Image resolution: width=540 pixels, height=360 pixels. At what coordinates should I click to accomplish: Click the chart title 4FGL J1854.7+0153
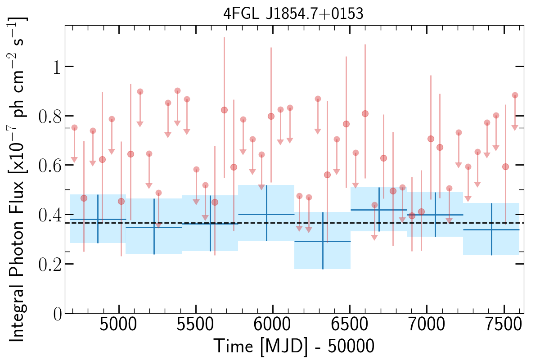pyautogui.click(x=293, y=13)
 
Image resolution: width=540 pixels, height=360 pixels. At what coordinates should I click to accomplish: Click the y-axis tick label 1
pyautogui.click(x=56, y=67)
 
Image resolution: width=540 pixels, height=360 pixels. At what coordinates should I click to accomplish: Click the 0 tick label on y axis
pyautogui.click(x=56, y=314)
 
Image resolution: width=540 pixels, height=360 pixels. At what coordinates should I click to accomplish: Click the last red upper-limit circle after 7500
pyautogui.click(x=515, y=95)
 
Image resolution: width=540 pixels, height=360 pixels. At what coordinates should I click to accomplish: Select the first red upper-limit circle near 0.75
pyautogui.click(x=74, y=127)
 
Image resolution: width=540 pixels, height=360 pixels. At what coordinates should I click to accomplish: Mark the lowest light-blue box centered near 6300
pyautogui.click(x=322, y=241)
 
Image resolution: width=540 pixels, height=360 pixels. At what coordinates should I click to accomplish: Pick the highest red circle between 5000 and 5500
pyautogui.click(x=177, y=90)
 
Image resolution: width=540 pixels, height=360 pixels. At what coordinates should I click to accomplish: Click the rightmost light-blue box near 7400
pyautogui.click(x=491, y=229)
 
